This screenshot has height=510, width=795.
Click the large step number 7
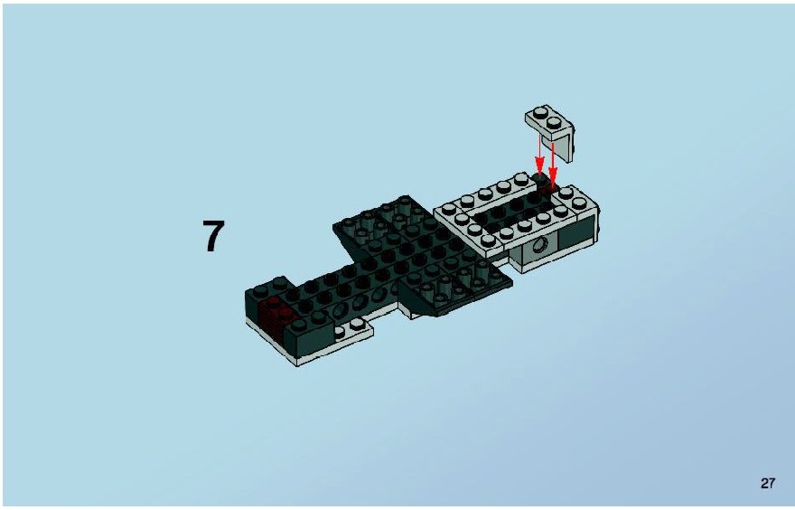tap(213, 236)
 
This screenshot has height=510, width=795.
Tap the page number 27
tap(768, 483)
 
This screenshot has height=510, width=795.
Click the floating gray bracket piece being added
tap(550, 131)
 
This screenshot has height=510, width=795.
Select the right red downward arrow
tap(553, 164)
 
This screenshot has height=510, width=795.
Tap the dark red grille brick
tap(275, 317)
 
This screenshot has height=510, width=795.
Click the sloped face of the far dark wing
tap(350, 240)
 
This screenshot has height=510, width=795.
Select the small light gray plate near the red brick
tap(353, 329)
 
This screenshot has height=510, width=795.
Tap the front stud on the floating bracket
tap(554, 122)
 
